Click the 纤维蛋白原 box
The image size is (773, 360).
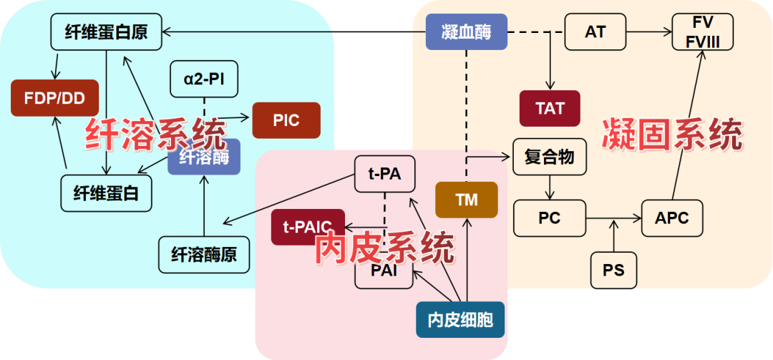(x=106, y=32)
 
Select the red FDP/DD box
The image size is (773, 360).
(x=54, y=98)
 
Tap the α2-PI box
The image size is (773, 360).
(x=204, y=79)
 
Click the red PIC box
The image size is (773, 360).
(x=286, y=120)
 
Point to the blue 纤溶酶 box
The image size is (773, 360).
(x=204, y=157)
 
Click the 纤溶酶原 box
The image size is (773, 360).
(x=204, y=254)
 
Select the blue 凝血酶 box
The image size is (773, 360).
(x=467, y=32)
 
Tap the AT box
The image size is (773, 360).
(x=595, y=32)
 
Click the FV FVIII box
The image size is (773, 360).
(x=703, y=32)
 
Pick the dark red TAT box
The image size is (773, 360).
(x=550, y=109)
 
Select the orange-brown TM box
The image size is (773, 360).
(x=467, y=200)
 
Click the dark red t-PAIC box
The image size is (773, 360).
(x=308, y=228)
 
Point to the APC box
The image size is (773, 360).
(x=672, y=218)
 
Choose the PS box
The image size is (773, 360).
(x=613, y=271)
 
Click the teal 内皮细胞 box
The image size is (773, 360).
(x=460, y=320)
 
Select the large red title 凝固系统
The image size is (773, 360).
(x=671, y=135)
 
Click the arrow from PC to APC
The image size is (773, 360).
(x=613, y=218)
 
